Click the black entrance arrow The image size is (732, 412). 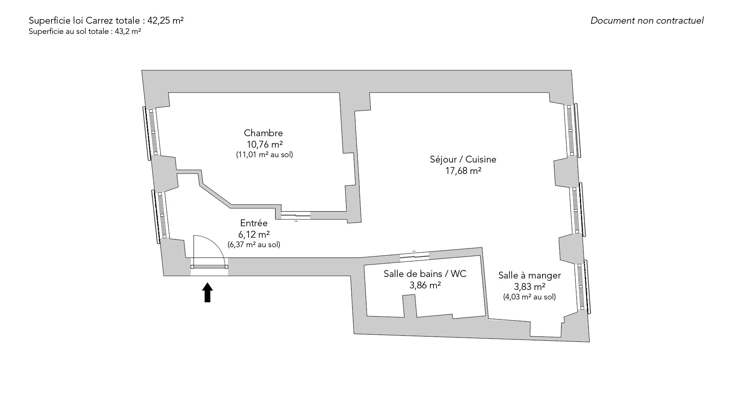tap(207, 293)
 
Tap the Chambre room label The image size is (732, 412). tap(263, 133)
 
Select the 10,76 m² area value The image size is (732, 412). tap(265, 144)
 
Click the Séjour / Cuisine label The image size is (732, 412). tap(463, 159)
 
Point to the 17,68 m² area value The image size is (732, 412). tap(463, 171)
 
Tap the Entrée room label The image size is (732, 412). tap(254, 223)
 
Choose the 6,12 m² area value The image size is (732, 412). tap(254, 234)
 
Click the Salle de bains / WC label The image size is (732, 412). tap(425, 274)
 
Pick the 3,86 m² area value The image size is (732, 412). tap(425, 285)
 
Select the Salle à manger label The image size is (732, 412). tap(529, 275)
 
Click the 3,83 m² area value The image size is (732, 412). tap(529, 286)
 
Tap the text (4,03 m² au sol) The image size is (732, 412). tap(529, 297)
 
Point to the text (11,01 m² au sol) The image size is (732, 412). tap(265, 155)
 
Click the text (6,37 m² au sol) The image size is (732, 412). tap(254, 245)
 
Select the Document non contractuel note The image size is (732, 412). tap(647, 21)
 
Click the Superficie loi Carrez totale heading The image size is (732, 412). tap(106, 21)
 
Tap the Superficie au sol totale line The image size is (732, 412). tap(85, 32)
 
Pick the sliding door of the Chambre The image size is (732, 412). tap(296, 216)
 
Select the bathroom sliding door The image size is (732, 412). tap(414, 256)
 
